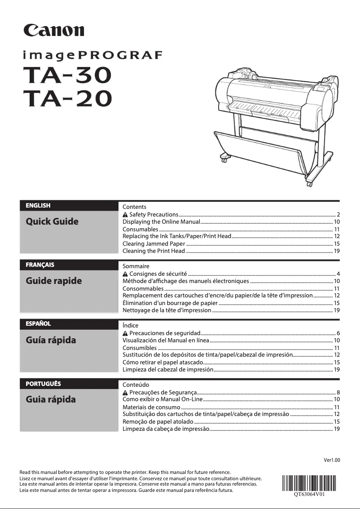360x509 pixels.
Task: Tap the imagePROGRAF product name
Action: (x=92, y=56)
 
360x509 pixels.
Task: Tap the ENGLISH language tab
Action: (x=38, y=206)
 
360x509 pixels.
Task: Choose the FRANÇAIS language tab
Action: (x=40, y=265)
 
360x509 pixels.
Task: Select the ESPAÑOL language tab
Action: (x=38, y=323)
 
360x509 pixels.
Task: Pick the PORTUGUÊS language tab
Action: (x=43, y=384)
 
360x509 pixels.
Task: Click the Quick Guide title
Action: (x=52, y=221)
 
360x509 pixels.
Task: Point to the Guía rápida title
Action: (x=51, y=340)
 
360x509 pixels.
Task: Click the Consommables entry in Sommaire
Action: (x=143, y=288)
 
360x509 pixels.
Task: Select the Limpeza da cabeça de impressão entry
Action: (x=166, y=429)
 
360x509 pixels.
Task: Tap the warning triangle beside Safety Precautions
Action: (x=125, y=215)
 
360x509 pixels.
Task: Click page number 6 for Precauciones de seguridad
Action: (x=338, y=333)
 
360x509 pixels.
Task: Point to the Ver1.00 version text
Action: (x=332, y=460)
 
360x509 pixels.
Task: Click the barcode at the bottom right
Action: (x=309, y=482)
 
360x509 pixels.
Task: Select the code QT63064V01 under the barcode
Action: (x=309, y=495)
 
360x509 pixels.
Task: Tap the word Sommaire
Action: (x=136, y=266)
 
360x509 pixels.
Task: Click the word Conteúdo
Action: (x=136, y=385)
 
